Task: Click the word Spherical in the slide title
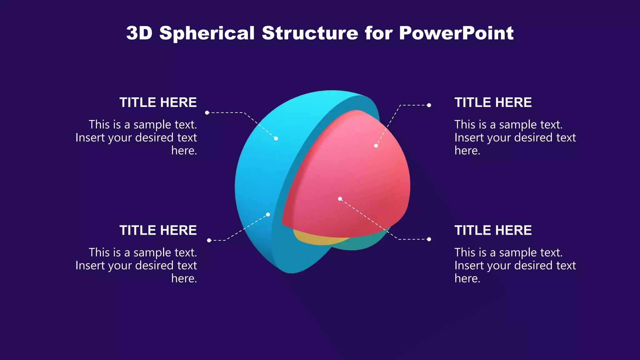point(207,33)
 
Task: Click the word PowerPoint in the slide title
point(456,33)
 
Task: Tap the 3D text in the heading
point(139,33)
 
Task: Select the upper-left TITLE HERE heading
point(158,102)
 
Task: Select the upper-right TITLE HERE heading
point(493,102)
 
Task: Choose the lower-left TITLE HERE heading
point(158,230)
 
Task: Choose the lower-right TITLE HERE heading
point(493,230)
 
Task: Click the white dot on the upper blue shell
point(276,138)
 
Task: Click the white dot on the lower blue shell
point(268,214)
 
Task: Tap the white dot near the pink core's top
point(376,146)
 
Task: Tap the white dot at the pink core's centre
point(340,199)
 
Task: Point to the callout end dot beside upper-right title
point(429,105)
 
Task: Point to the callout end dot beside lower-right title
point(429,239)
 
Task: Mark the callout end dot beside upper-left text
point(207,112)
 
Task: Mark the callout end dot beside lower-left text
point(209,240)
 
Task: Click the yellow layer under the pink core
point(316,239)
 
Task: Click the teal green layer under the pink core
point(362,244)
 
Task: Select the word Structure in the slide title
point(310,33)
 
